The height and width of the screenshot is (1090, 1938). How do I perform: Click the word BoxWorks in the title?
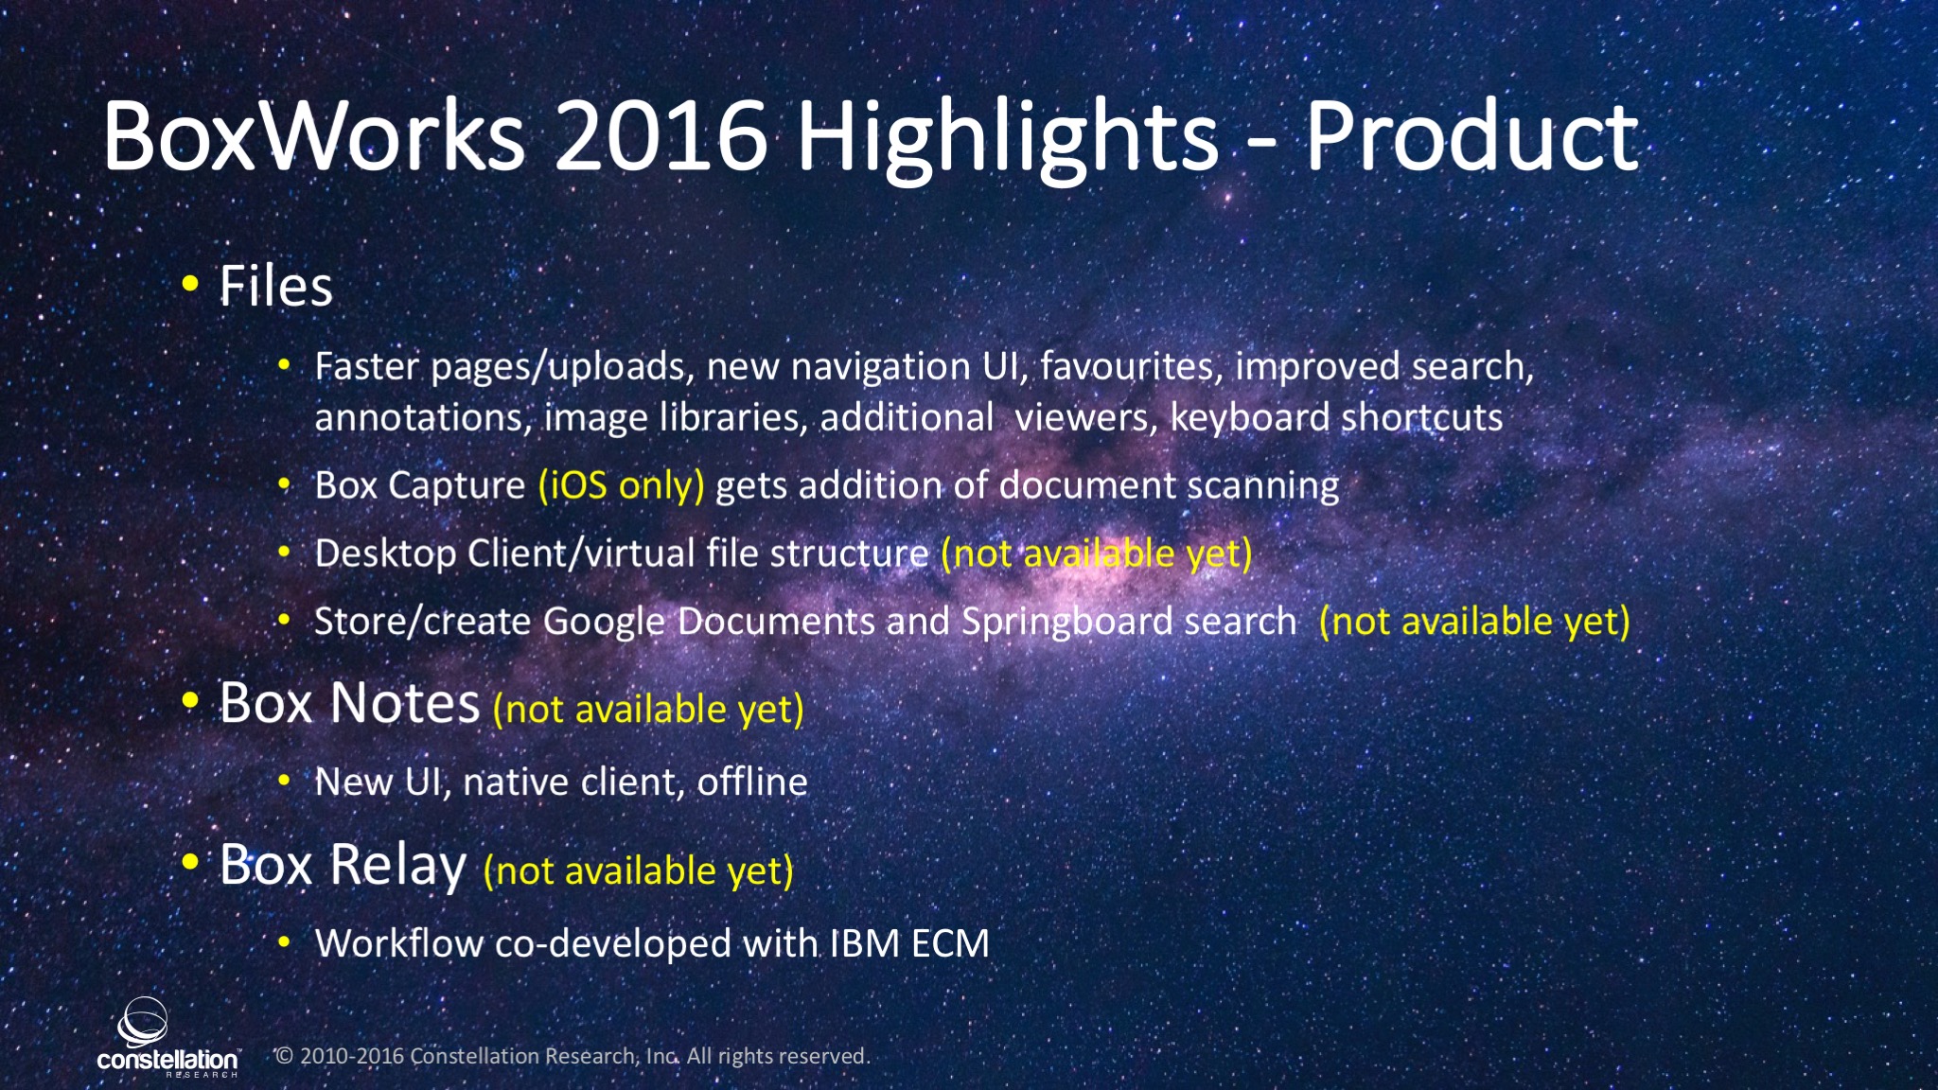click(313, 136)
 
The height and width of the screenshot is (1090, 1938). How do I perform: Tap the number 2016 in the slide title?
click(661, 136)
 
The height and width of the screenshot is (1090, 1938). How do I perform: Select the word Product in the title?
click(1472, 136)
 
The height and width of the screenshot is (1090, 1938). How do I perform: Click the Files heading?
click(275, 286)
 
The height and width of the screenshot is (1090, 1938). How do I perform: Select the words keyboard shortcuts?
click(1336, 417)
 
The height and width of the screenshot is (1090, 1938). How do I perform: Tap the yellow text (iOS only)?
click(621, 485)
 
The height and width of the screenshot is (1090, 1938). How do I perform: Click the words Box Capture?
click(419, 485)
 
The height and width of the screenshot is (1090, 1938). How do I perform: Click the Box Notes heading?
click(349, 703)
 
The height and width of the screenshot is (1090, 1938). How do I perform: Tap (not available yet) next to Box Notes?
click(648, 709)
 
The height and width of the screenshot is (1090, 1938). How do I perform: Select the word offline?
click(752, 782)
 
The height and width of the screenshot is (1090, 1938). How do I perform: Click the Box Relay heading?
click(343, 865)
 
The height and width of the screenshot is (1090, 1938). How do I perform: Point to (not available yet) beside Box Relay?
click(638, 870)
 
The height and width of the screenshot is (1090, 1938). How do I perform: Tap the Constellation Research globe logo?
click(143, 1022)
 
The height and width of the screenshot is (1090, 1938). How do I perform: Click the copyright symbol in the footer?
click(284, 1056)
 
